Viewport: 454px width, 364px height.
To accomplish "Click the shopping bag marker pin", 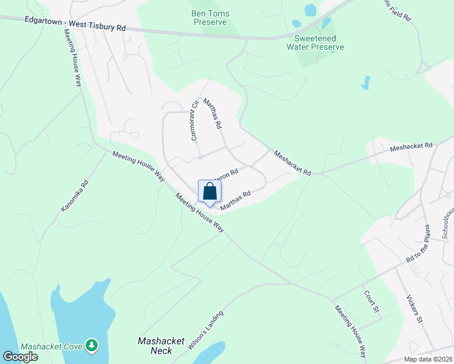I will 209,191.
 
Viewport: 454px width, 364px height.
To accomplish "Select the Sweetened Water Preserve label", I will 315,42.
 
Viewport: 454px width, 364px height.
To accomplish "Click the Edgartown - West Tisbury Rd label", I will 75,24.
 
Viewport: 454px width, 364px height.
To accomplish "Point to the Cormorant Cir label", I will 195,120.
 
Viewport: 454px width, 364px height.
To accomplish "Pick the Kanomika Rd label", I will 75,195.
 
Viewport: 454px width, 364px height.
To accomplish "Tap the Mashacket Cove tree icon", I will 92,345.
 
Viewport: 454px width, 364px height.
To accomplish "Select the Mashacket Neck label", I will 161,346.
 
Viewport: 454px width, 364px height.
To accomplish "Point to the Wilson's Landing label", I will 206,330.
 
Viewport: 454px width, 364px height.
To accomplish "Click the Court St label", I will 371,302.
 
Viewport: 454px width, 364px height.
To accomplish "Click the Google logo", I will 20,356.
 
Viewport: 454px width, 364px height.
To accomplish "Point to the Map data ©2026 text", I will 427,359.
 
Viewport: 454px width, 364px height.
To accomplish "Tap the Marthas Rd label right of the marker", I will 235,201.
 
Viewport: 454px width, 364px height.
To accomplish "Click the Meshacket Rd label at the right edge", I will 411,146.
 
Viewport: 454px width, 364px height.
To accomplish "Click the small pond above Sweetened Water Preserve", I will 310,10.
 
